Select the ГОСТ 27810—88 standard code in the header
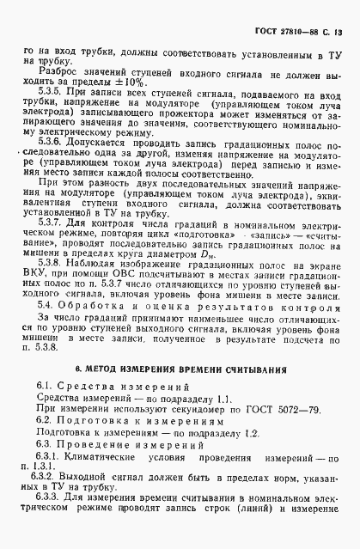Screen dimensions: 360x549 (289, 33)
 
